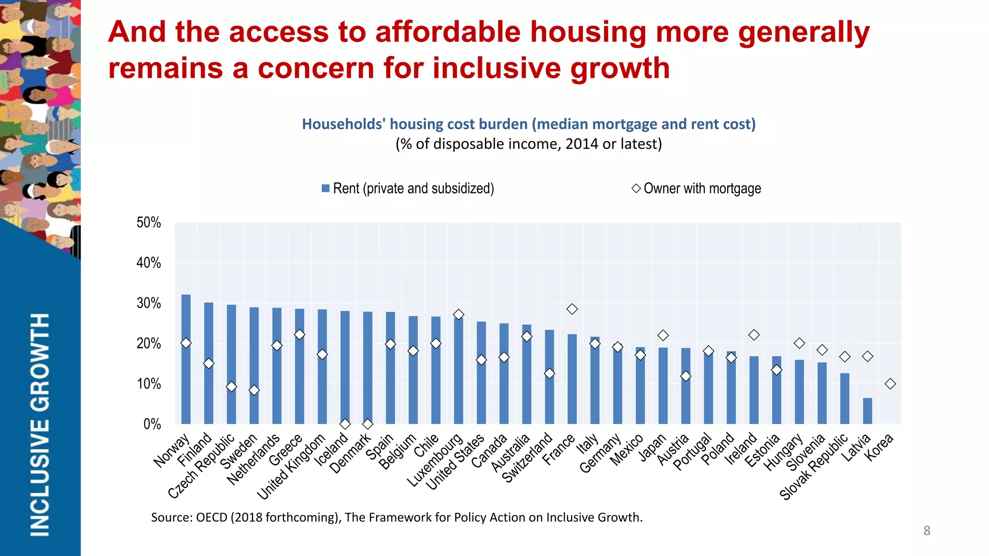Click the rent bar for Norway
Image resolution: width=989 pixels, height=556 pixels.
tap(186, 359)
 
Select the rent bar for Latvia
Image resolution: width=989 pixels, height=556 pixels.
tap(867, 411)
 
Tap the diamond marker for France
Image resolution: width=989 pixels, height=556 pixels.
tap(572, 309)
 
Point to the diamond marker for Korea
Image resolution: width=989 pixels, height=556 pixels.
tap(890, 384)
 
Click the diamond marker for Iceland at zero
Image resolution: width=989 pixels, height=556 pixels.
tap(345, 424)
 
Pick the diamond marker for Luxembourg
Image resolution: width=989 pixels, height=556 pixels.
tap(459, 314)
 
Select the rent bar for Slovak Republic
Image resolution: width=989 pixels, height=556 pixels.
tap(845, 399)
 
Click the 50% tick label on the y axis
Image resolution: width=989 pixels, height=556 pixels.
tap(149, 223)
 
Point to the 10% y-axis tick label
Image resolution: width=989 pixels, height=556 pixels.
tap(149, 384)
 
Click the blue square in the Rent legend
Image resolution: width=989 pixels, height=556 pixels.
tap(325, 188)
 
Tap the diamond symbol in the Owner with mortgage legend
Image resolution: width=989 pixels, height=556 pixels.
tap(636, 188)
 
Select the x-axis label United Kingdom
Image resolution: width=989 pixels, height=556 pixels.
tap(292, 467)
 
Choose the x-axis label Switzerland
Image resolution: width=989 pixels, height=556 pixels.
tap(528, 458)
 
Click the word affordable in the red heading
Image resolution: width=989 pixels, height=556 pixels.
tap(448, 32)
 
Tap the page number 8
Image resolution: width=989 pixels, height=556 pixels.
tap(927, 530)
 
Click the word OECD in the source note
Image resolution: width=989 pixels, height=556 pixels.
tap(212, 517)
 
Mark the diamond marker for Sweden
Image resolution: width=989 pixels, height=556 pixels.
tap(254, 390)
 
